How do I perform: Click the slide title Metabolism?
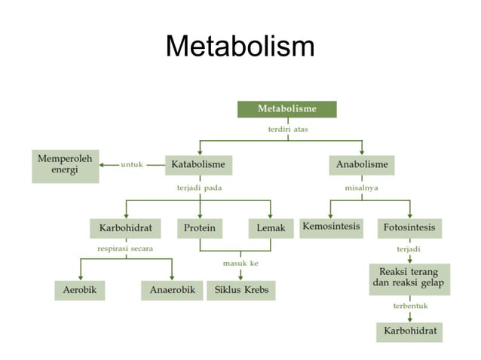point(240,47)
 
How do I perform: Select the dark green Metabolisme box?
point(287,108)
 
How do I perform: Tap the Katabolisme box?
point(198,164)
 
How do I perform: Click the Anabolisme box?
point(362,164)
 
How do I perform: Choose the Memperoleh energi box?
point(66,166)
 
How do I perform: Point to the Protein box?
point(200,227)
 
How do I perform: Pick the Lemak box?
point(270,227)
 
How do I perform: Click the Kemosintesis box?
point(331,227)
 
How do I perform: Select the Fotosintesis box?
point(410,227)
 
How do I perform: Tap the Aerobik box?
point(80,290)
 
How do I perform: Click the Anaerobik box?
point(172,290)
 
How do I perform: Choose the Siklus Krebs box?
point(241,290)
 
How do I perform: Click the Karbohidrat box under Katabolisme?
point(126,227)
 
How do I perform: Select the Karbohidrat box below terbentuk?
point(409,331)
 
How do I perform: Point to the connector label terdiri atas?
point(288,129)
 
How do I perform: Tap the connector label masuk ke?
point(240,263)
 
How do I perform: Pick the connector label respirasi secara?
point(125,248)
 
